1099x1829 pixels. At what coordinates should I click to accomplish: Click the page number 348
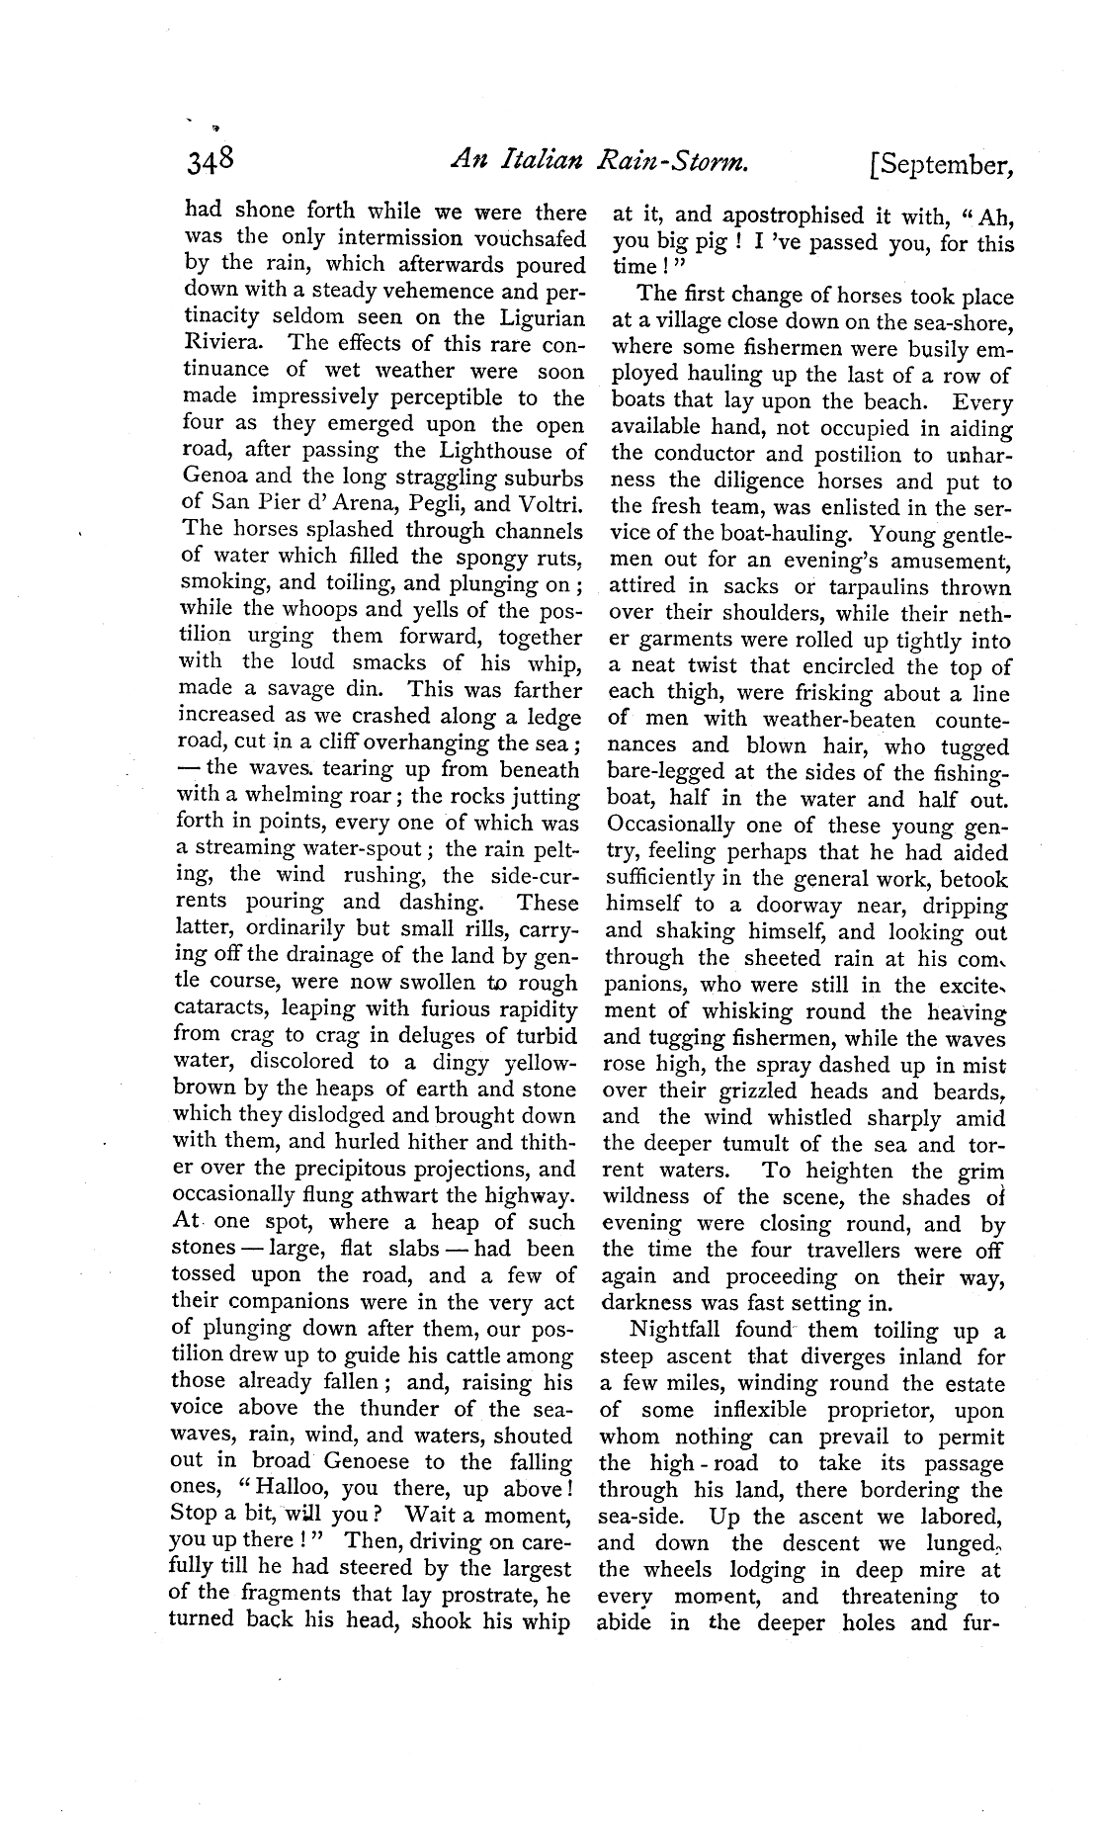pyautogui.click(x=209, y=164)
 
